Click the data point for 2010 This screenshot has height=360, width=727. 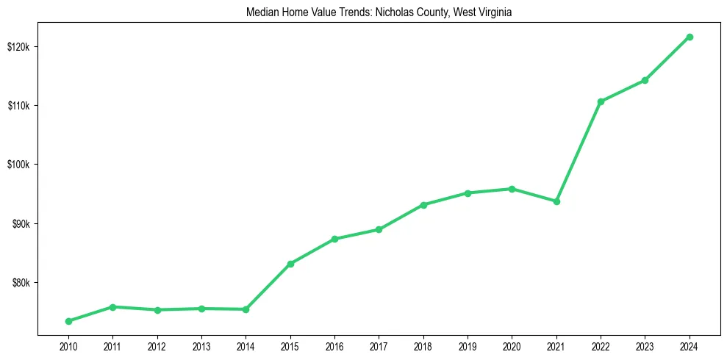pyautogui.click(x=68, y=321)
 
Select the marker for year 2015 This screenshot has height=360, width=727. pyautogui.click(x=290, y=264)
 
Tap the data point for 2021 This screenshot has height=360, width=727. pyautogui.click(x=556, y=201)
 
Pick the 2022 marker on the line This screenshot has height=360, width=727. pyautogui.click(x=601, y=101)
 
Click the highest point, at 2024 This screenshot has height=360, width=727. pyautogui.click(x=690, y=37)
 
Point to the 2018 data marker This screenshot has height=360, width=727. pyautogui.click(x=423, y=205)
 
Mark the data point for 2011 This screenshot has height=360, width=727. pyautogui.click(x=112, y=307)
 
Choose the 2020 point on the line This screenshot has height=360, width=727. pyautogui.click(x=512, y=189)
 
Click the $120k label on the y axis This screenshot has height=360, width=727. pyautogui.click(x=19, y=46)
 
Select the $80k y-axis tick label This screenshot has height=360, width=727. pyautogui.click(x=21, y=283)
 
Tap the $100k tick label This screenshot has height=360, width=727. pyautogui.click(x=19, y=165)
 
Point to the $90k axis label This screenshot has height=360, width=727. pyautogui.click(x=21, y=223)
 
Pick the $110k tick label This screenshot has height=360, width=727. pyautogui.click(x=19, y=106)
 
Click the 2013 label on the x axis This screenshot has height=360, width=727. pyautogui.click(x=201, y=346)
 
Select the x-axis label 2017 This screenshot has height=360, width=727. pyautogui.click(x=379, y=346)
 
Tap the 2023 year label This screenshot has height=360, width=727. pyautogui.click(x=645, y=346)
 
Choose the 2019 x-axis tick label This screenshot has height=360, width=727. pyautogui.click(x=468, y=346)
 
